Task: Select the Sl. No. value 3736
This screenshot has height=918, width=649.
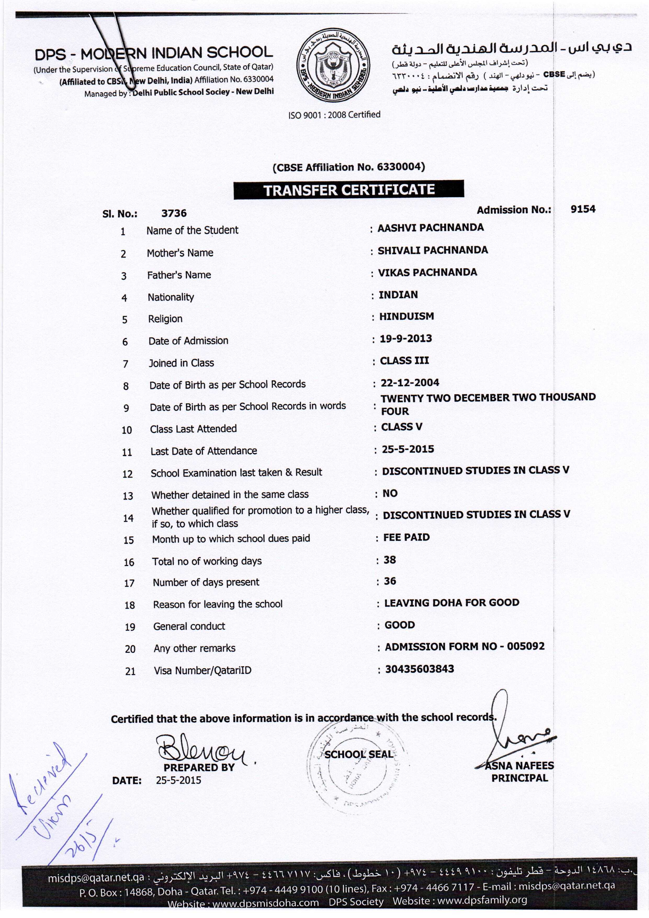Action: [x=174, y=213]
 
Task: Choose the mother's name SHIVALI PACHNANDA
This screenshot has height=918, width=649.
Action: [x=433, y=250]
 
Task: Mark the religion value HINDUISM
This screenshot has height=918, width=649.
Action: [x=407, y=316]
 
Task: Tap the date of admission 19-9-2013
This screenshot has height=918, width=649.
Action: [x=406, y=339]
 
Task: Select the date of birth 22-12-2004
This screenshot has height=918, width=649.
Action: [x=410, y=383]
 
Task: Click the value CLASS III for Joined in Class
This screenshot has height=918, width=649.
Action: [x=404, y=361]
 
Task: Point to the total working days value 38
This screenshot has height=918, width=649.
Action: [x=390, y=559]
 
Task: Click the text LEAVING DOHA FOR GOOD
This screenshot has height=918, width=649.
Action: [x=452, y=603]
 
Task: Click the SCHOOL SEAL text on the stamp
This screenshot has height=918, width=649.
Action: [x=358, y=754]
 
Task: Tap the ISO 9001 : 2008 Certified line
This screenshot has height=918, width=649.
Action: [x=334, y=115]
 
